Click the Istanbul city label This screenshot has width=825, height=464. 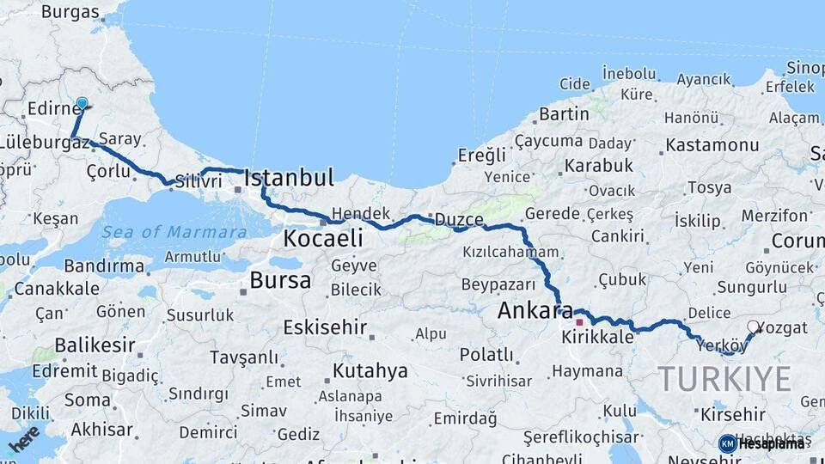pyautogui.click(x=289, y=179)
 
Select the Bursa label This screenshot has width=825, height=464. pyautogui.click(x=280, y=280)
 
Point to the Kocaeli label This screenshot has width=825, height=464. pyautogui.click(x=323, y=238)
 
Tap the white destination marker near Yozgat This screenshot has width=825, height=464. pyautogui.click(x=754, y=327)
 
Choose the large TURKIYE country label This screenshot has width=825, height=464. pyautogui.click(x=724, y=379)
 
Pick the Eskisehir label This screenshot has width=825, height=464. pyautogui.click(x=326, y=327)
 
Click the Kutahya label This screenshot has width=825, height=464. pyautogui.click(x=370, y=371)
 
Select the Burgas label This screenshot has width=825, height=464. pyautogui.click(x=70, y=12)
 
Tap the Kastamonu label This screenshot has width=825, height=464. pyautogui.click(x=712, y=144)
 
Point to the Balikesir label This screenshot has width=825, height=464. pyautogui.click(x=95, y=345)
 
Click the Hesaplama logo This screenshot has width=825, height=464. pyautogui.click(x=763, y=443)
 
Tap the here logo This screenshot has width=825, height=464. pyautogui.click(x=23, y=440)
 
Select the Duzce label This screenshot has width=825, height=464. pyautogui.click(x=459, y=219)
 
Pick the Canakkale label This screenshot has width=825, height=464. pyautogui.click(x=58, y=289)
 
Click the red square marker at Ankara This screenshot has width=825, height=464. pyautogui.click(x=579, y=323)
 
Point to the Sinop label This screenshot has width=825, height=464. pyautogui.click(x=805, y=67)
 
